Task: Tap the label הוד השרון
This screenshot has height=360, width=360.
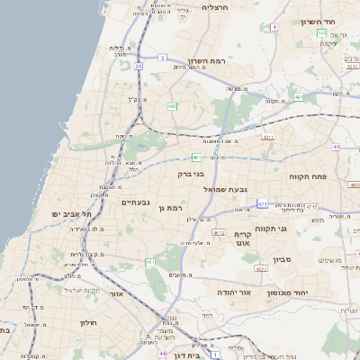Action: point(317,21)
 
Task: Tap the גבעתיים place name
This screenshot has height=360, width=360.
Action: point(141,202)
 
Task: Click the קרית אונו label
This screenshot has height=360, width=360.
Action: point(243,237)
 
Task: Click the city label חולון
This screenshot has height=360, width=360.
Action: point(87,321)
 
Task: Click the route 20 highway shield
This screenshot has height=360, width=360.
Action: point(139,66)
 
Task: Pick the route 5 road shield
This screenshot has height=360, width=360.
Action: point(163,57)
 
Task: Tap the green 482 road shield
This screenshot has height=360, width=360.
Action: point(172,106)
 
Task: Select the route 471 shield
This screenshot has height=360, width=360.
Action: point(262,204)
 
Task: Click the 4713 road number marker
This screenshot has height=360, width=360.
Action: point(312,207)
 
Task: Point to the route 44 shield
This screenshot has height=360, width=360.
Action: point(163,354)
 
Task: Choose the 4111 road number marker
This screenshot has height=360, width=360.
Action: point(268,137)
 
